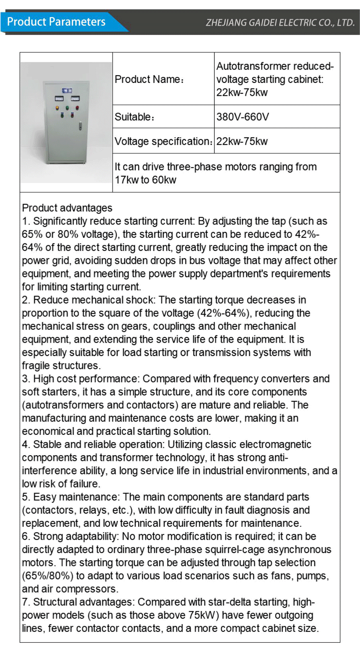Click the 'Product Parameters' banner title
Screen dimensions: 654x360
(56, 22)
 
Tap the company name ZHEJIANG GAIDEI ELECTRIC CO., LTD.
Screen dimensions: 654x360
(280, 23)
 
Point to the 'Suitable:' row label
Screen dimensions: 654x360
(134, 117)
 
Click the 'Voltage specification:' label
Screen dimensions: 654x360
(163, 142)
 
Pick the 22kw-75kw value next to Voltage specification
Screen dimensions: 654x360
(242, 142)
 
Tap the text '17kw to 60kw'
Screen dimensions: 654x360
(146, 180)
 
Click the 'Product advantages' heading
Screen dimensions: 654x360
(67, 208)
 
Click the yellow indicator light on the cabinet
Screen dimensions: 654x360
(57, 107)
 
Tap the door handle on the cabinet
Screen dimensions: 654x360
(80, 126)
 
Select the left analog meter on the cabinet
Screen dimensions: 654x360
(59, 99)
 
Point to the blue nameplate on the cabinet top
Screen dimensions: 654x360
(67, 90)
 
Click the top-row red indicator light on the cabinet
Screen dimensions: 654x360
(77, 107)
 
